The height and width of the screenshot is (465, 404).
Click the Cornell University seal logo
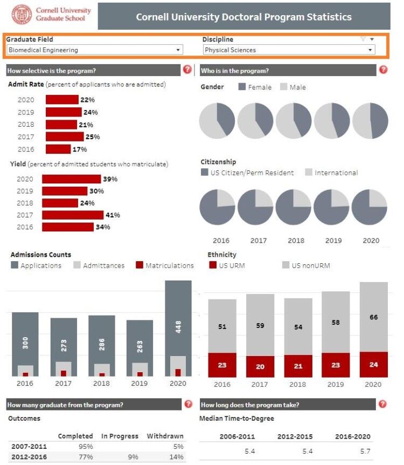[22, 16]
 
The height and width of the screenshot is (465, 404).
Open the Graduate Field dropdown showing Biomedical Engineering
[95, 50]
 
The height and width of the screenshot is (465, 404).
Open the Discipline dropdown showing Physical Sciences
[288, 50]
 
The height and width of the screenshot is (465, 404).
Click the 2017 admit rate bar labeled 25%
[65, 136]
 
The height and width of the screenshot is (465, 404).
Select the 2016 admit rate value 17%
[80, 149]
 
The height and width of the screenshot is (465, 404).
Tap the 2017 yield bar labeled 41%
[73, 215]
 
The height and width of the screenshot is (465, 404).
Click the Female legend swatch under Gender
[242, 87]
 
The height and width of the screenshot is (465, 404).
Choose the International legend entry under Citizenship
[331, 173]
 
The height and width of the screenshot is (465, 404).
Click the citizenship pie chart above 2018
[293, 207]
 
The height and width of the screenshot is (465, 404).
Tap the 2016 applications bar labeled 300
[25, 340]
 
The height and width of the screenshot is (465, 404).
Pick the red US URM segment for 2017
[260, 366]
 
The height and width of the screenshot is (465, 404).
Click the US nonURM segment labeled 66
[373, 317]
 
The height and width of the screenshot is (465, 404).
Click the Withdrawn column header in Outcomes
[165, 436]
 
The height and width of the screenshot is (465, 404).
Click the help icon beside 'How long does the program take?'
[382, 404]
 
